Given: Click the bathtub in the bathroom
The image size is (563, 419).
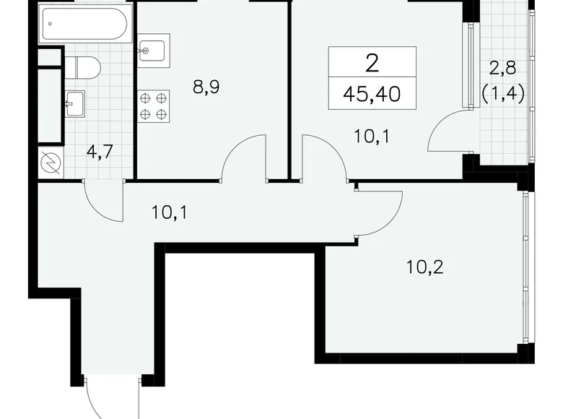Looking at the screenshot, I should [85, 25].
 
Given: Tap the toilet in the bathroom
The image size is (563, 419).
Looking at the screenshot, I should [85, 67].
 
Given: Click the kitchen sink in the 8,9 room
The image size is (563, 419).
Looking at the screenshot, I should [152, 51].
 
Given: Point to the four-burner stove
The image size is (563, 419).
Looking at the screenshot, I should [153, 105].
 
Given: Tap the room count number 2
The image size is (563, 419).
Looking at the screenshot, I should [372, 62].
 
